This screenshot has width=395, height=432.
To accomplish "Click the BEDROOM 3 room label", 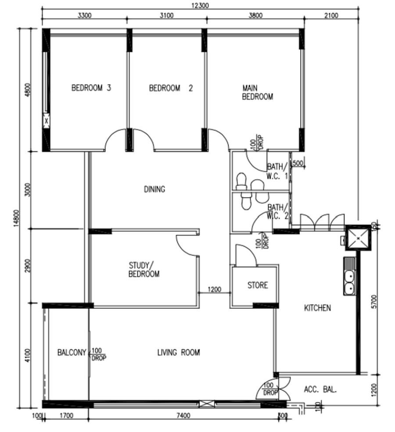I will pyautogui.click(x=91, y=88).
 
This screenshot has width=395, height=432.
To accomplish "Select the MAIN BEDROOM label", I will pyautogui.click(x=257, y=92).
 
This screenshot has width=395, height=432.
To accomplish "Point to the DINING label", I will pyautogui.click(x=154, y=189).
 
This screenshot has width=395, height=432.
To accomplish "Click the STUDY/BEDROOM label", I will pyautogui.click(x=144, y=270).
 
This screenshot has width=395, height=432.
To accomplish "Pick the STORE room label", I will pyautogui.click(x=257, y=285).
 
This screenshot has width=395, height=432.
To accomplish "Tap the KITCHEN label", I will pyautogui.click(x=317, y=308).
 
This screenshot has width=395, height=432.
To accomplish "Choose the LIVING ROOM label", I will pyautogui.click(x=179, y=352).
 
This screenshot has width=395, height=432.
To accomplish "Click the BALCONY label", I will pyautogui.click(x=72, y=352).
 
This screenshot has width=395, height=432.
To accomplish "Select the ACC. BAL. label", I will pyautogui.click(x=320, y=389).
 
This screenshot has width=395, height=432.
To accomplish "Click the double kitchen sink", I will pyautogui.click(x=350, y=283).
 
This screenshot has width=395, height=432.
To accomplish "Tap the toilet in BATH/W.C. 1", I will pyautogui.click(x=241, y=181).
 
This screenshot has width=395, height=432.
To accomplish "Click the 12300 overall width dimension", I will pyautogui.click(x=200, y=6).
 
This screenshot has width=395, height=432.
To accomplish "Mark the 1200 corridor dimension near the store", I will pyautogui.click(x=214, y=290).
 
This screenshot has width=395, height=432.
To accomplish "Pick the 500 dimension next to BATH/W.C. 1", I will pyautogui.click(x=298, y=163).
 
